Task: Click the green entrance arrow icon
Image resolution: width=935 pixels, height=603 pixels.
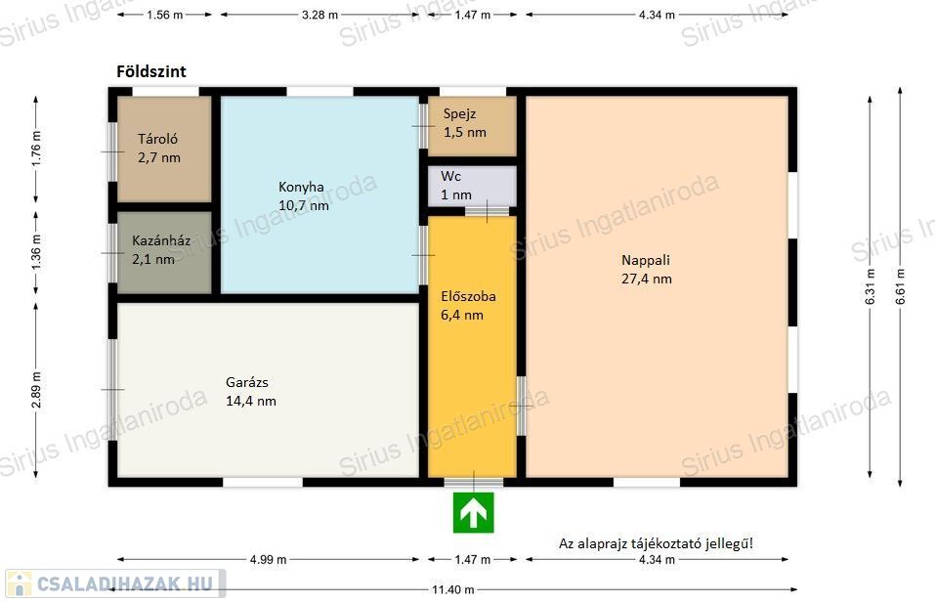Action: point(474,512)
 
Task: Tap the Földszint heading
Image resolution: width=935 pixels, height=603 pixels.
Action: point(151,71)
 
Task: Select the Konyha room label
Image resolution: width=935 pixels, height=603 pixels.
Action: point(302,187)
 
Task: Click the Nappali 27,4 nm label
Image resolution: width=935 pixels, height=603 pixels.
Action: point(647,269)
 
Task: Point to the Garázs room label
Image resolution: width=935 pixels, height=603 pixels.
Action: point(247,382)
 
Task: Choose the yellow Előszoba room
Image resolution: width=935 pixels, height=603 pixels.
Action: point(472,346)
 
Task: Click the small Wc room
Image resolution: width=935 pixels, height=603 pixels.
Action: point(472,186)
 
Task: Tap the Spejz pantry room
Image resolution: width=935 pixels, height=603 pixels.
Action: point(472,126)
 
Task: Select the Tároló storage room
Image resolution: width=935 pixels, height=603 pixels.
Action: point(164,150)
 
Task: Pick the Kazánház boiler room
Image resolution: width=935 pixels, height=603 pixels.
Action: point(164,252)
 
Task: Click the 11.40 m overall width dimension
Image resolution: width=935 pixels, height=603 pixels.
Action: point(453,590)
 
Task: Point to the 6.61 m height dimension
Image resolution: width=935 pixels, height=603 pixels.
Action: point(901,286)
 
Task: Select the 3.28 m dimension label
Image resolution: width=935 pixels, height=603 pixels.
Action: point(319,15)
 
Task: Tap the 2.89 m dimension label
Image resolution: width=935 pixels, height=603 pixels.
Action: point(36,390)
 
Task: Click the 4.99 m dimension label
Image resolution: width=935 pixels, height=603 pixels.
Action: point(268,559)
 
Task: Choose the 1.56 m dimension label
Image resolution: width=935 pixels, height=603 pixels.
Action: point(164,15)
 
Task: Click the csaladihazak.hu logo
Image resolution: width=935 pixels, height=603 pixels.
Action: point(115,583)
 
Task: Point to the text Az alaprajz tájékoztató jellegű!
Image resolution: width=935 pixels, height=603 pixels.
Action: point(656,543)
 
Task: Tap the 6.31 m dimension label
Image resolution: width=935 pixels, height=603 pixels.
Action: point(870,286)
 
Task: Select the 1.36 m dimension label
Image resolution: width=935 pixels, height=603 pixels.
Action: point(36,252)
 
